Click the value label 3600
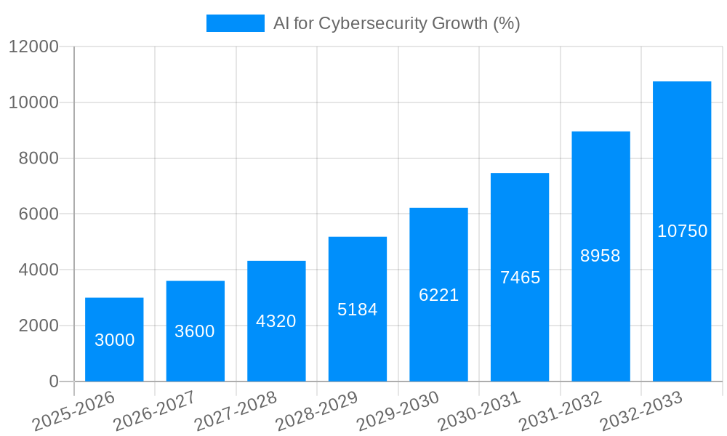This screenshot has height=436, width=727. pos(195,331)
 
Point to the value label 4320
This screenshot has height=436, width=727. pos(276,321)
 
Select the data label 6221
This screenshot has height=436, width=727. pos(438,295)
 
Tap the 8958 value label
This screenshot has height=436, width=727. pos(601,256)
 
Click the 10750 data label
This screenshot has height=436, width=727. pos(682,231)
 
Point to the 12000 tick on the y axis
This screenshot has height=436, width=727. pos(33,47)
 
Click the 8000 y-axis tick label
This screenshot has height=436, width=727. pos(38,158)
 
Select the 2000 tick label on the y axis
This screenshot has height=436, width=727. pos(38,326)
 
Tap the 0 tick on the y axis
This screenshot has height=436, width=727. pos(54,381)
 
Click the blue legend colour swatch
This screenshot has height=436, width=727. pos(235,23)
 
